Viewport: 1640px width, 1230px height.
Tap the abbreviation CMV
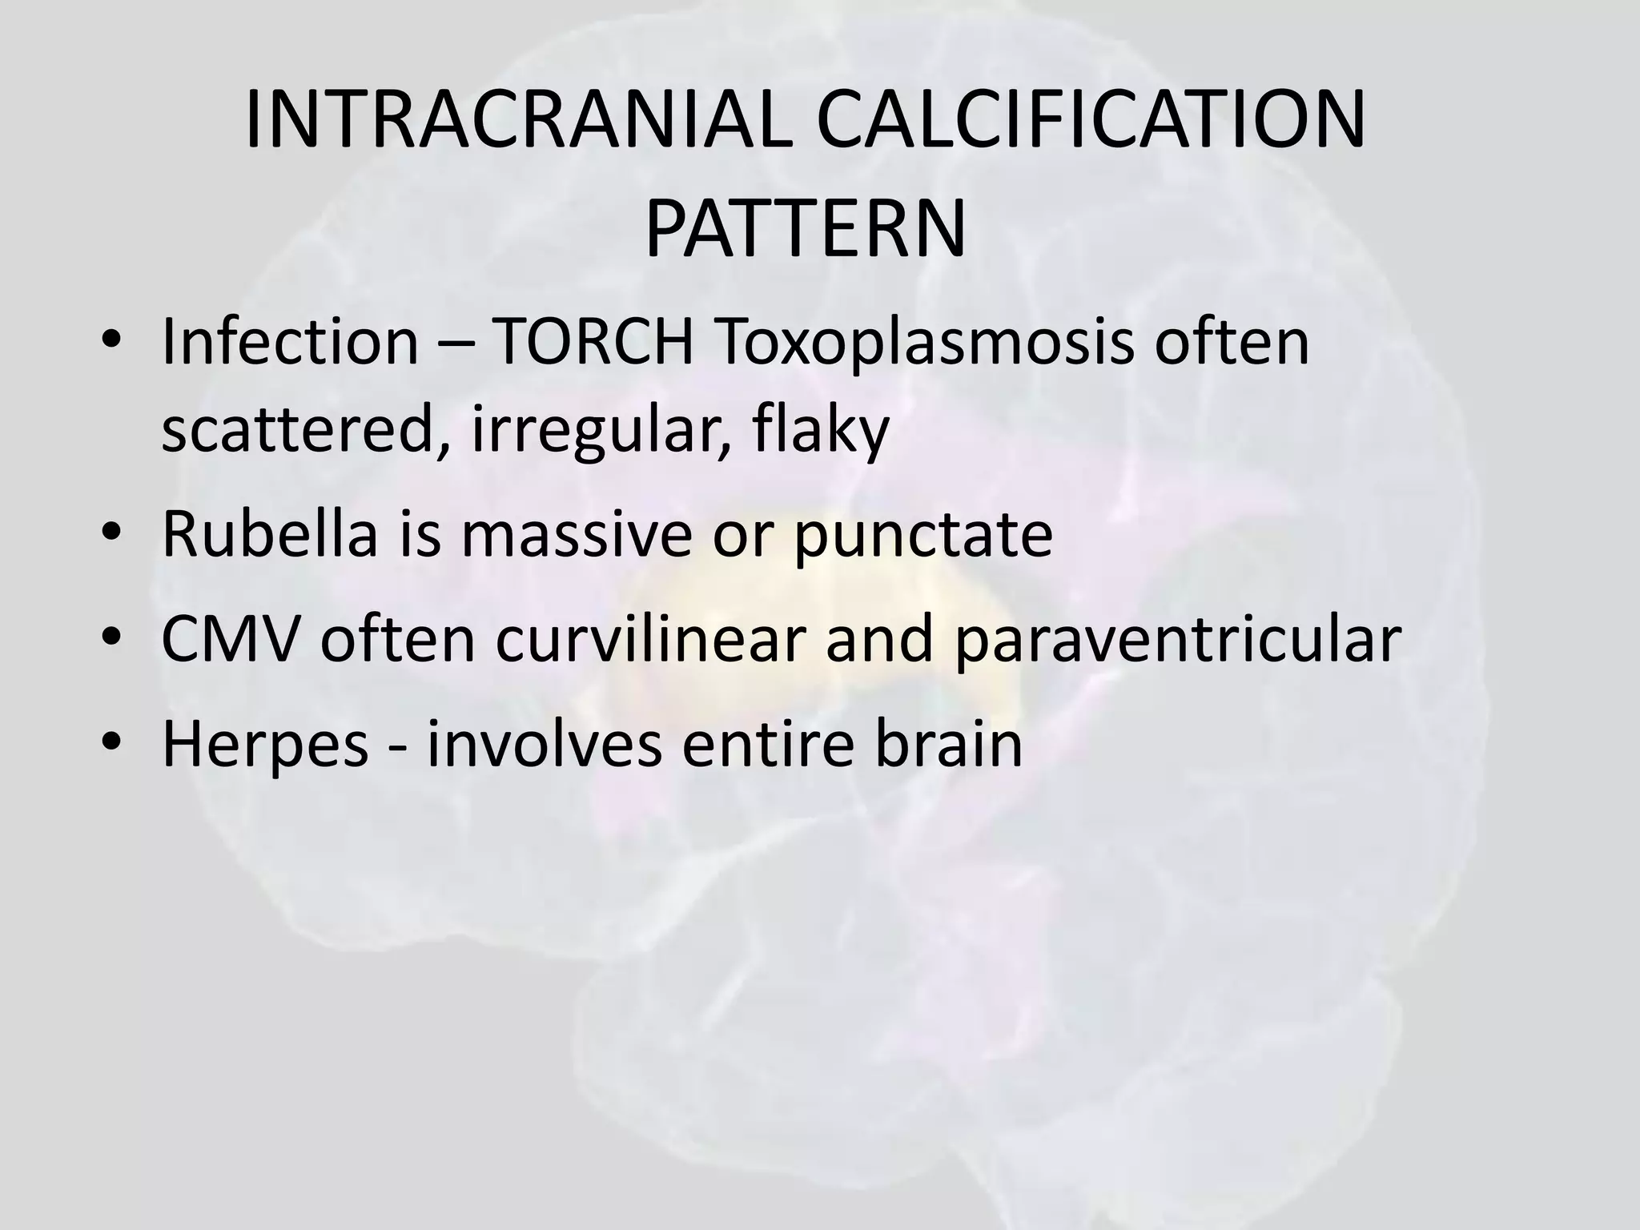[x=231, y=640]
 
